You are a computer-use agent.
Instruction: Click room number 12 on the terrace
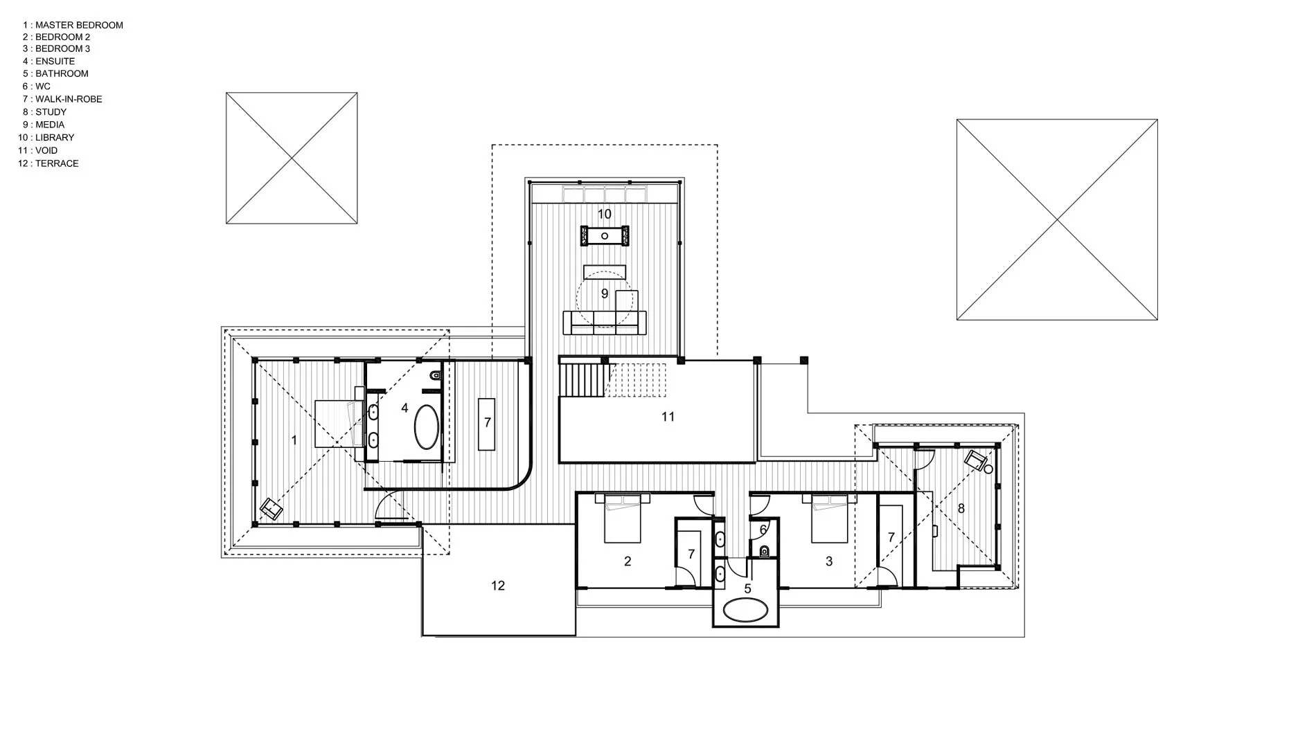point(498,586)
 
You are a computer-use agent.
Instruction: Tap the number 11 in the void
point(668,417)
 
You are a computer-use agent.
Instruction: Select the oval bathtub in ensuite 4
point(427,427)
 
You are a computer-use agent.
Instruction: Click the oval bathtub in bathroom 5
point(745,611)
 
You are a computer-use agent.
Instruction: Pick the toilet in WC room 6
point(765,551)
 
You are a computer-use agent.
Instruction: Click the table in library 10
point(605,236)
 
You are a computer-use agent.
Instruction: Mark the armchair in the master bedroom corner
point(271,509)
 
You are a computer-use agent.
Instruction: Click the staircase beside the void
point(613,380)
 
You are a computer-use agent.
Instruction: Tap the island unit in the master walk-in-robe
point(487,424)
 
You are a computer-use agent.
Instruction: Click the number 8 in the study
point(961,509)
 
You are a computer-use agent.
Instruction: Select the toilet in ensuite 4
point(436,375)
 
